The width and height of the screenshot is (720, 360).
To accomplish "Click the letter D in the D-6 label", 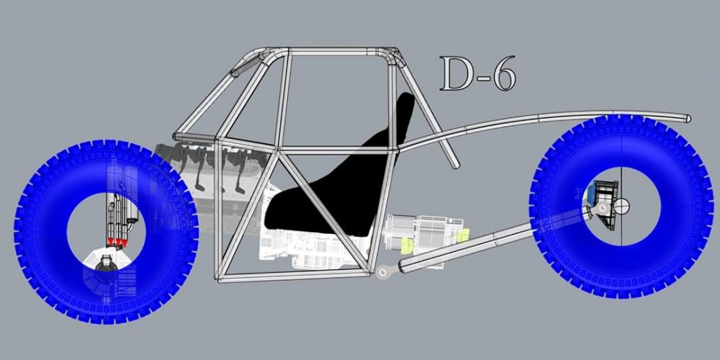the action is (456, 73).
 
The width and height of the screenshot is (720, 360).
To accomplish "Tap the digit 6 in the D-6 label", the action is (503, 73).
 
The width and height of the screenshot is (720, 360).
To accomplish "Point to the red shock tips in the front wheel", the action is (117, 241).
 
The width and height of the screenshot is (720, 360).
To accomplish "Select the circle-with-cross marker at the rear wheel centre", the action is (621, 206).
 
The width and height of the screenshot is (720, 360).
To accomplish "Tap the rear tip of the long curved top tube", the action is (688, 119).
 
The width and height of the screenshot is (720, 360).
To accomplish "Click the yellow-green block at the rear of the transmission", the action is (462, 235).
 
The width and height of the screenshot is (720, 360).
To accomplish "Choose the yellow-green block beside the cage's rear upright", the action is (408, 245).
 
